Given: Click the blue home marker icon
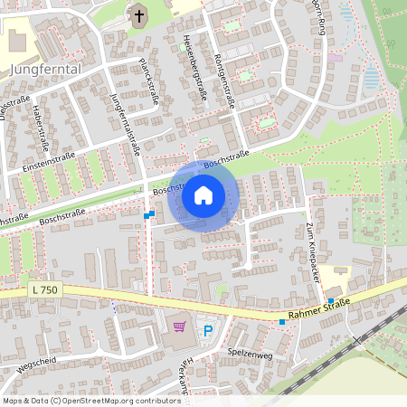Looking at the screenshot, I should [203, 194].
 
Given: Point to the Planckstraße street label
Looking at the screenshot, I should [148, 82].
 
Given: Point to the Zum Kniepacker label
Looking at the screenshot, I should [312, 255].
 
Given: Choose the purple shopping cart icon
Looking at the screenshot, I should [179, 326].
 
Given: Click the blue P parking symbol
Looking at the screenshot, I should [207, 332].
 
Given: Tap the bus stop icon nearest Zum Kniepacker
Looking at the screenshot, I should [332, 300].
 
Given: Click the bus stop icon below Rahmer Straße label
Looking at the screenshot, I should [282, 322].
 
